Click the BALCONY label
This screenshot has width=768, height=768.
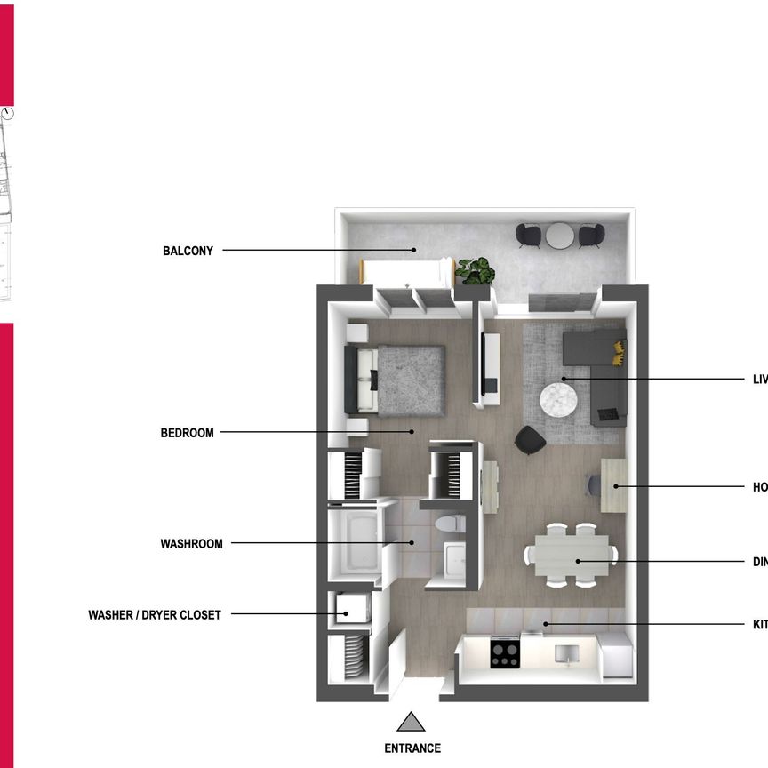(188, 251)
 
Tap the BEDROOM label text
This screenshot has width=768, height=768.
(187, 433)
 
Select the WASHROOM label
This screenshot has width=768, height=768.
(191, 543)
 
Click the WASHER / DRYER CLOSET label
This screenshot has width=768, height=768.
(154, 614)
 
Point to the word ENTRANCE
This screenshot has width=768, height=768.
(412, 748)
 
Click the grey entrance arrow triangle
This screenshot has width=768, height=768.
(411, 721)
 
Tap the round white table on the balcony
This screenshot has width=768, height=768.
(560, 236)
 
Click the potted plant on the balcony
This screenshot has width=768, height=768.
(475, 269)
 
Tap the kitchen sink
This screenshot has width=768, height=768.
(565, 654)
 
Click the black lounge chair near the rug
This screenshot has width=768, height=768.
(531, 439)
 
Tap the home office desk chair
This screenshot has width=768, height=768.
(594, 486)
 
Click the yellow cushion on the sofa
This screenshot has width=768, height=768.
(615, 352)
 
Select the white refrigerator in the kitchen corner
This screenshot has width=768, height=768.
(615, 658)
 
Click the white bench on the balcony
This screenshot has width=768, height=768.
(405, 269)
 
